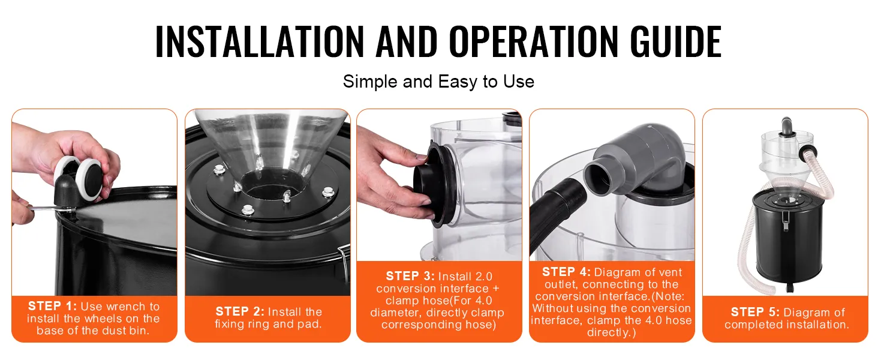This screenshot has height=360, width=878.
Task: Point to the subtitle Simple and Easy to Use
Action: (x=438, y=82)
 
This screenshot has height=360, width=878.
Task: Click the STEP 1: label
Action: (x=52, y=306)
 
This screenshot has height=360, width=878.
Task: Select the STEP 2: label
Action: (x=240, y=312)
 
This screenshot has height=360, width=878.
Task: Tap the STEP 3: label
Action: (x=410, y=276)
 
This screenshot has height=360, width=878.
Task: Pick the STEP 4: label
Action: (x=566, y=272)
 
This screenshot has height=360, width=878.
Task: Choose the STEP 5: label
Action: (x=755, y=312)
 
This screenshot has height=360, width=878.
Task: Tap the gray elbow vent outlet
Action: (x=635, y=157)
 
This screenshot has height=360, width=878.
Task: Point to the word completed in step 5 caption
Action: (x=749, y=325)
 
